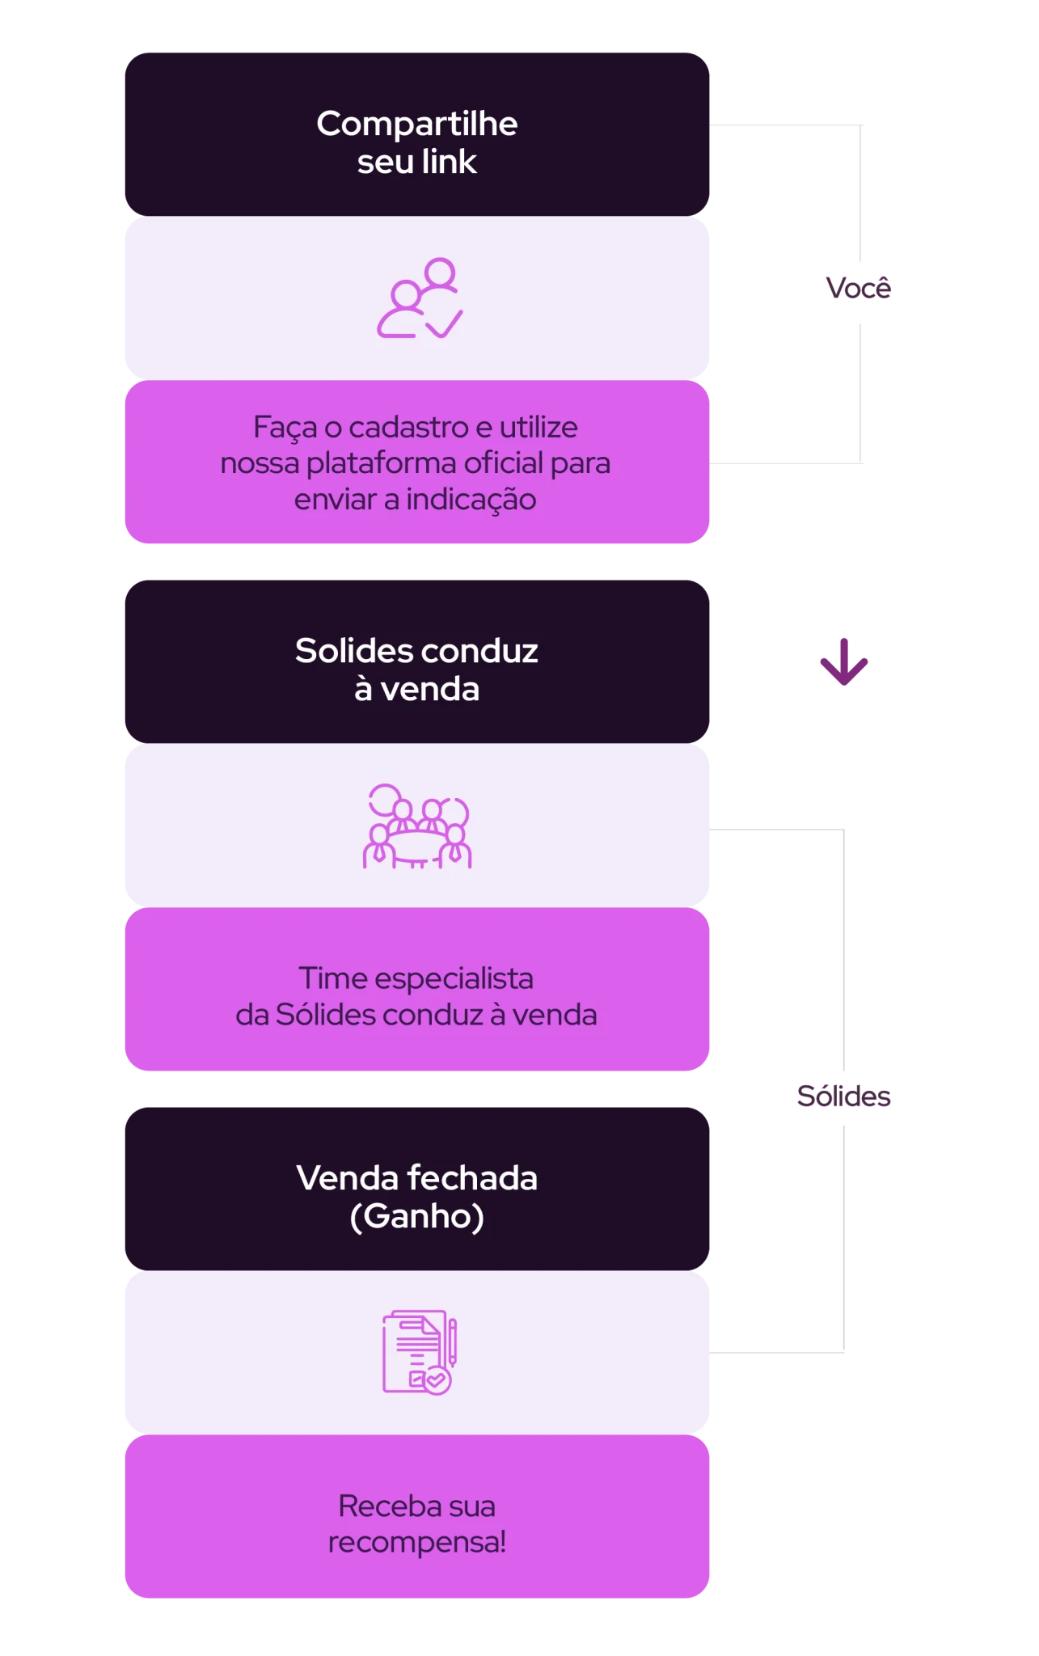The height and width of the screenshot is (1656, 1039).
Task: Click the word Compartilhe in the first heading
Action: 416,125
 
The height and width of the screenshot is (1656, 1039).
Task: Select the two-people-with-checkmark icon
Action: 420,298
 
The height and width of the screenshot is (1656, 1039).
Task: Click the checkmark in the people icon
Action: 444,323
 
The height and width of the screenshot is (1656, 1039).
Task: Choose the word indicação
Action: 471,500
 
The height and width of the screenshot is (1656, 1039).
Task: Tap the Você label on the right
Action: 858,287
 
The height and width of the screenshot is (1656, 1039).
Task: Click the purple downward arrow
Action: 843,661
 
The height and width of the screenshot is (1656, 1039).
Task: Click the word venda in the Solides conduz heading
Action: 429,689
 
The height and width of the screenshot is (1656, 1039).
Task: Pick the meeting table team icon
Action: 417,826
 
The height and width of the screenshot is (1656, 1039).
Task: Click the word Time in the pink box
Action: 333,978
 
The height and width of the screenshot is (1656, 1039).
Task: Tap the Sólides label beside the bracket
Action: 843,1096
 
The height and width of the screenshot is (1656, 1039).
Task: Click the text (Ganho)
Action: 416,1216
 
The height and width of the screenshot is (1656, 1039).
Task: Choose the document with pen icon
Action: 420,1352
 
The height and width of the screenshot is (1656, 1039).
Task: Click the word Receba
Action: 389,1506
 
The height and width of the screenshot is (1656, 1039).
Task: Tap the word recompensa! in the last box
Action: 416,1543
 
